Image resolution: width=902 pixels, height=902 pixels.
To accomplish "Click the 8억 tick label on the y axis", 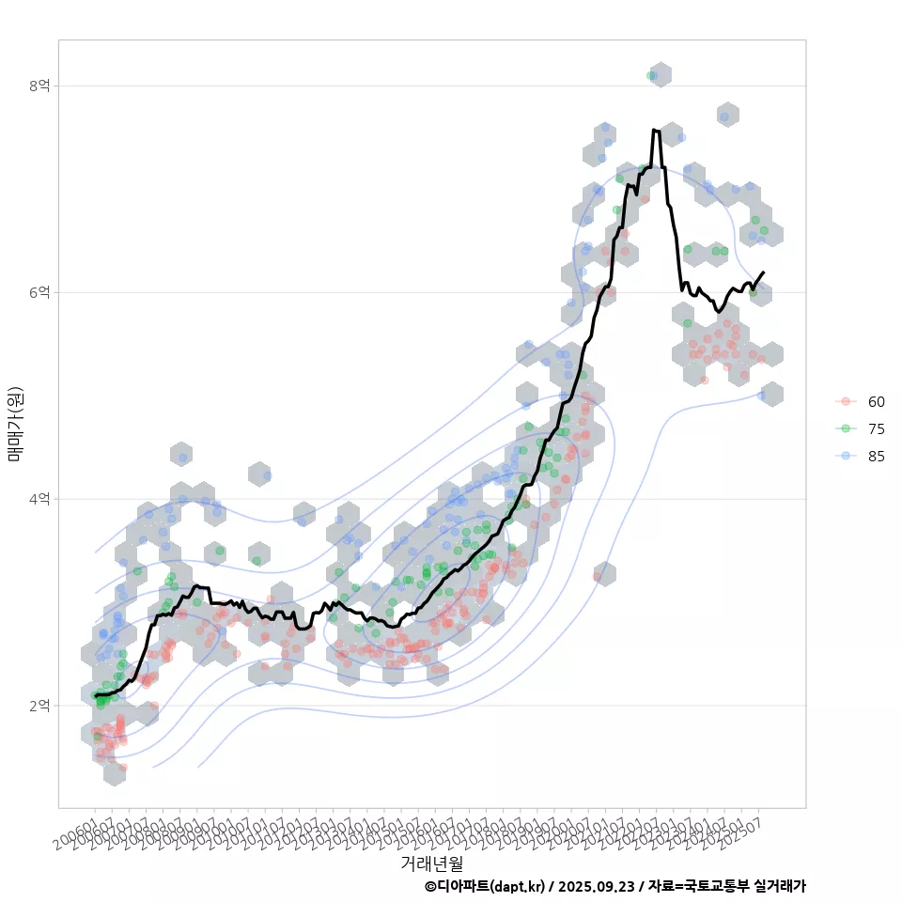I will click(x=39, y=86).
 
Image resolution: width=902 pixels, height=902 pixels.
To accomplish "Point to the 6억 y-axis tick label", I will click(x=39, y=292).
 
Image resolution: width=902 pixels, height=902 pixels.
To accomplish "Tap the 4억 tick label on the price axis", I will click(x=39, y=499).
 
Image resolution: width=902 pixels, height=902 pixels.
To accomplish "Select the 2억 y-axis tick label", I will click(x=39, y=706).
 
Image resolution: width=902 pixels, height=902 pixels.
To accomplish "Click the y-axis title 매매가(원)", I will click(x=15, y=423).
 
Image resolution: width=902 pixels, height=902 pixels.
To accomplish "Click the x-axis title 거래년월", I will click(x=431, y=862).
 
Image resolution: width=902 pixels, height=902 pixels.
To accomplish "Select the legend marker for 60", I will click(x=846, y=401).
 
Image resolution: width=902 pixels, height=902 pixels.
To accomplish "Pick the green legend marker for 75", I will click(x=846, y=428).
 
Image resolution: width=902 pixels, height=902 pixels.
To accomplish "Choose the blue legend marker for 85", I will click(x=846, y=456).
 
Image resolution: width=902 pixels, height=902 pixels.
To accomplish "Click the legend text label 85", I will click(x=876, y=456).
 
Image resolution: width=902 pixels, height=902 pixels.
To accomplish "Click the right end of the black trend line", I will click(x=763, y=272).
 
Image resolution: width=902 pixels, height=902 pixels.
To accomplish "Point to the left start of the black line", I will click(x=95, y=695).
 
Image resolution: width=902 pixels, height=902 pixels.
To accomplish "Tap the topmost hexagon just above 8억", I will click(x=661, y=75).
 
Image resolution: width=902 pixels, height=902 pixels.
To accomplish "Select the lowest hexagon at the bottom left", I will click(x=115, y=773).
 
